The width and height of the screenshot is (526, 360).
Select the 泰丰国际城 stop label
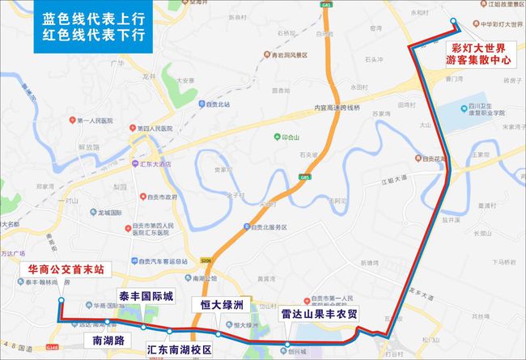[x=146, y=295]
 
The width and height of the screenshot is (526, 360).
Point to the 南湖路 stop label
[x=108, y=341]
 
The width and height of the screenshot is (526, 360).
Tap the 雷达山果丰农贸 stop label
[x=318, y=313]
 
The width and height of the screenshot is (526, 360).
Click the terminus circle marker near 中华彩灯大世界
[x=453, y=23]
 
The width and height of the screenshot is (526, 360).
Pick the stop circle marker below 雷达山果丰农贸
[x=286, y=345]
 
